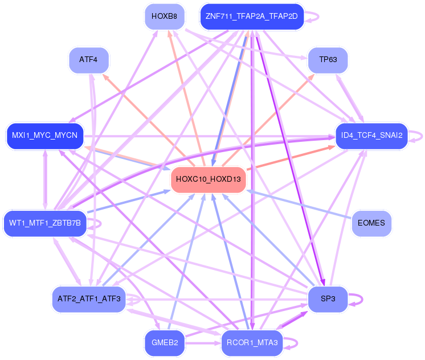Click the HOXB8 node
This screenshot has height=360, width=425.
(x=164, y=16)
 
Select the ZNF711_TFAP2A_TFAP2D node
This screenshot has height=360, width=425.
(x=251, y=16)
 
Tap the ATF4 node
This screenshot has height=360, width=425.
(x=88, y=60)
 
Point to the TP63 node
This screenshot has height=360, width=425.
(x=328, y=60)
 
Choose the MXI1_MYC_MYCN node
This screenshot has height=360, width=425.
(x=45, y=136)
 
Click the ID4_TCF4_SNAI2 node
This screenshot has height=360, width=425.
(x=371, y=136)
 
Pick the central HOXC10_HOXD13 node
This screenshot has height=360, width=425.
(x=209, y=179)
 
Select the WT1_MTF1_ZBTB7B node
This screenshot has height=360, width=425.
(x=44, y=222)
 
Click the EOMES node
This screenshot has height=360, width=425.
(x=372, y=223)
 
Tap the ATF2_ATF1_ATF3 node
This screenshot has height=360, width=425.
(x=88, y=298)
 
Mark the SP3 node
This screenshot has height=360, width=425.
(x=328, y=298)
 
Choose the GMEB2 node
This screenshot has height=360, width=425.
(x=164, y=343)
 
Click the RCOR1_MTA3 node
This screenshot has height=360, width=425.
(x=251, y=343)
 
